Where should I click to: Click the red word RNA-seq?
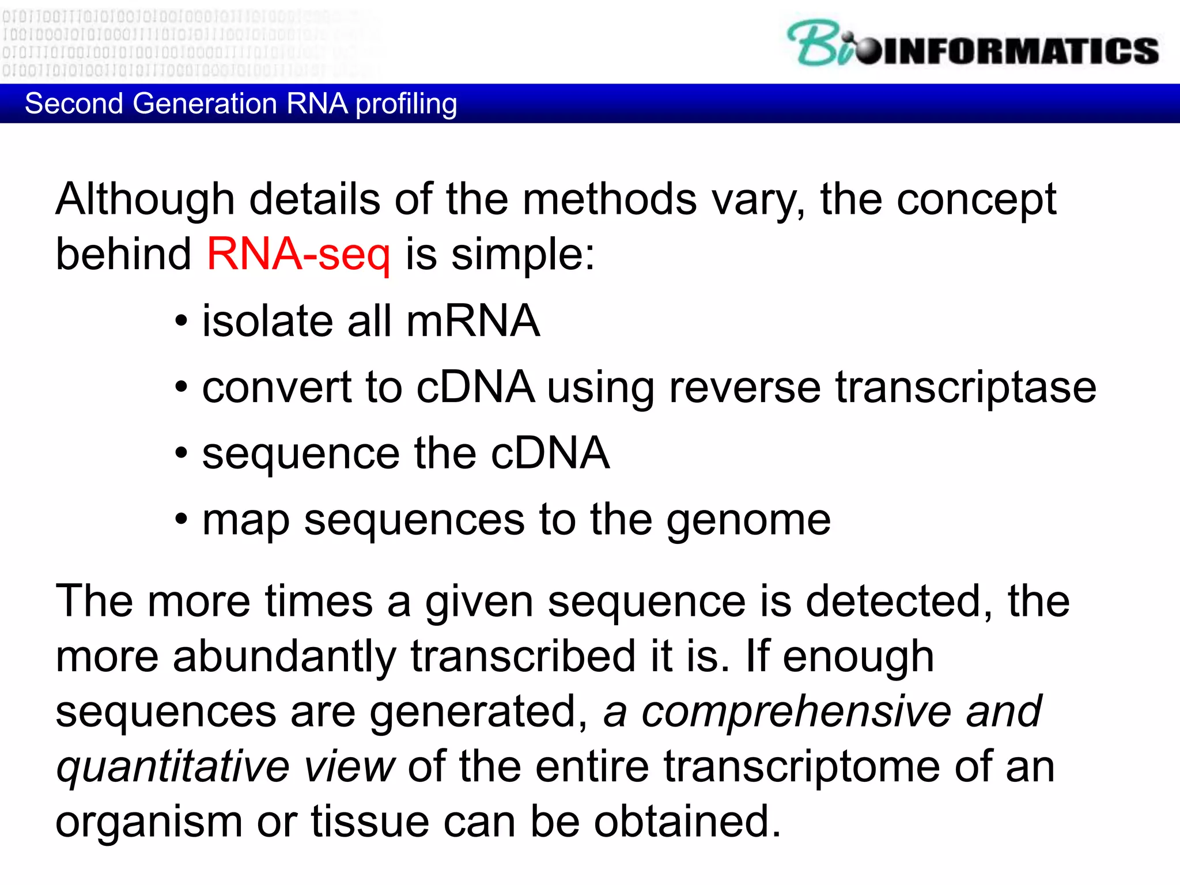pos(298,254)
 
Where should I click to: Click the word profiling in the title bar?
pos(406,104)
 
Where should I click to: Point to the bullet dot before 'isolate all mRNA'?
pos(181,321)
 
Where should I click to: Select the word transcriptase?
pos(966,387)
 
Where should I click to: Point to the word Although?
pos(145,199)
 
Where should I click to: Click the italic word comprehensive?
pos(796,711)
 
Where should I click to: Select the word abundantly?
pos(284,656)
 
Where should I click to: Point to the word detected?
pos(899,602)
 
